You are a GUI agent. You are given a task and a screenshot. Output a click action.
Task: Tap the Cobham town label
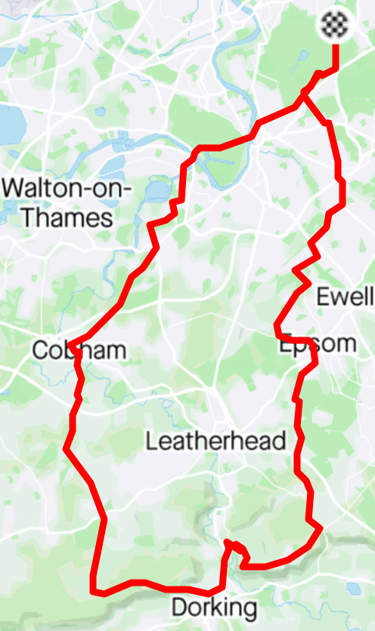(79, 350)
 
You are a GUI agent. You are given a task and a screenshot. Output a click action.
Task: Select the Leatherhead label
(215, 441)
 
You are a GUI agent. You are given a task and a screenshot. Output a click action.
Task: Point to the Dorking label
(214, 607)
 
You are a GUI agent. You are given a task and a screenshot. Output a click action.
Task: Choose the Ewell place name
(345, 296)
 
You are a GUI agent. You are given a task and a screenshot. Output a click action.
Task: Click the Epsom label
(318, 344)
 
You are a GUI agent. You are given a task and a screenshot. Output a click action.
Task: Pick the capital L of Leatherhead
(151, 441)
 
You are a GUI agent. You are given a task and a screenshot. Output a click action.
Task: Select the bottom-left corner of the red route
(93, 588)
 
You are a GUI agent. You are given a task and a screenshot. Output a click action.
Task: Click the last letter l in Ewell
(370, 296)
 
